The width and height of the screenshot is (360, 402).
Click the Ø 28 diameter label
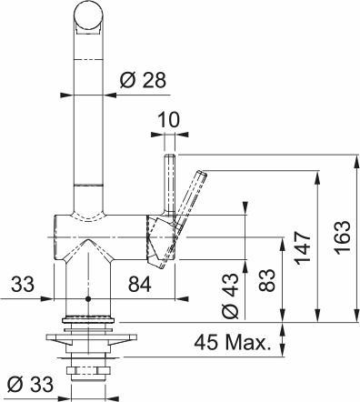click(x=142, y=79)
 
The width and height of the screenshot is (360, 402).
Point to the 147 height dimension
click(x=304, y=246)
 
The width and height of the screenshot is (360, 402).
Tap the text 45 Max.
click(x=233, y=343)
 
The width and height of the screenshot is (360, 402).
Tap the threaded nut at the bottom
click(x=88, y=368)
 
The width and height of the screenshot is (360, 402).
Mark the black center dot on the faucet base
click(x=88, y=298)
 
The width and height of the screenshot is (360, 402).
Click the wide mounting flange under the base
click(x=88, y=342)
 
